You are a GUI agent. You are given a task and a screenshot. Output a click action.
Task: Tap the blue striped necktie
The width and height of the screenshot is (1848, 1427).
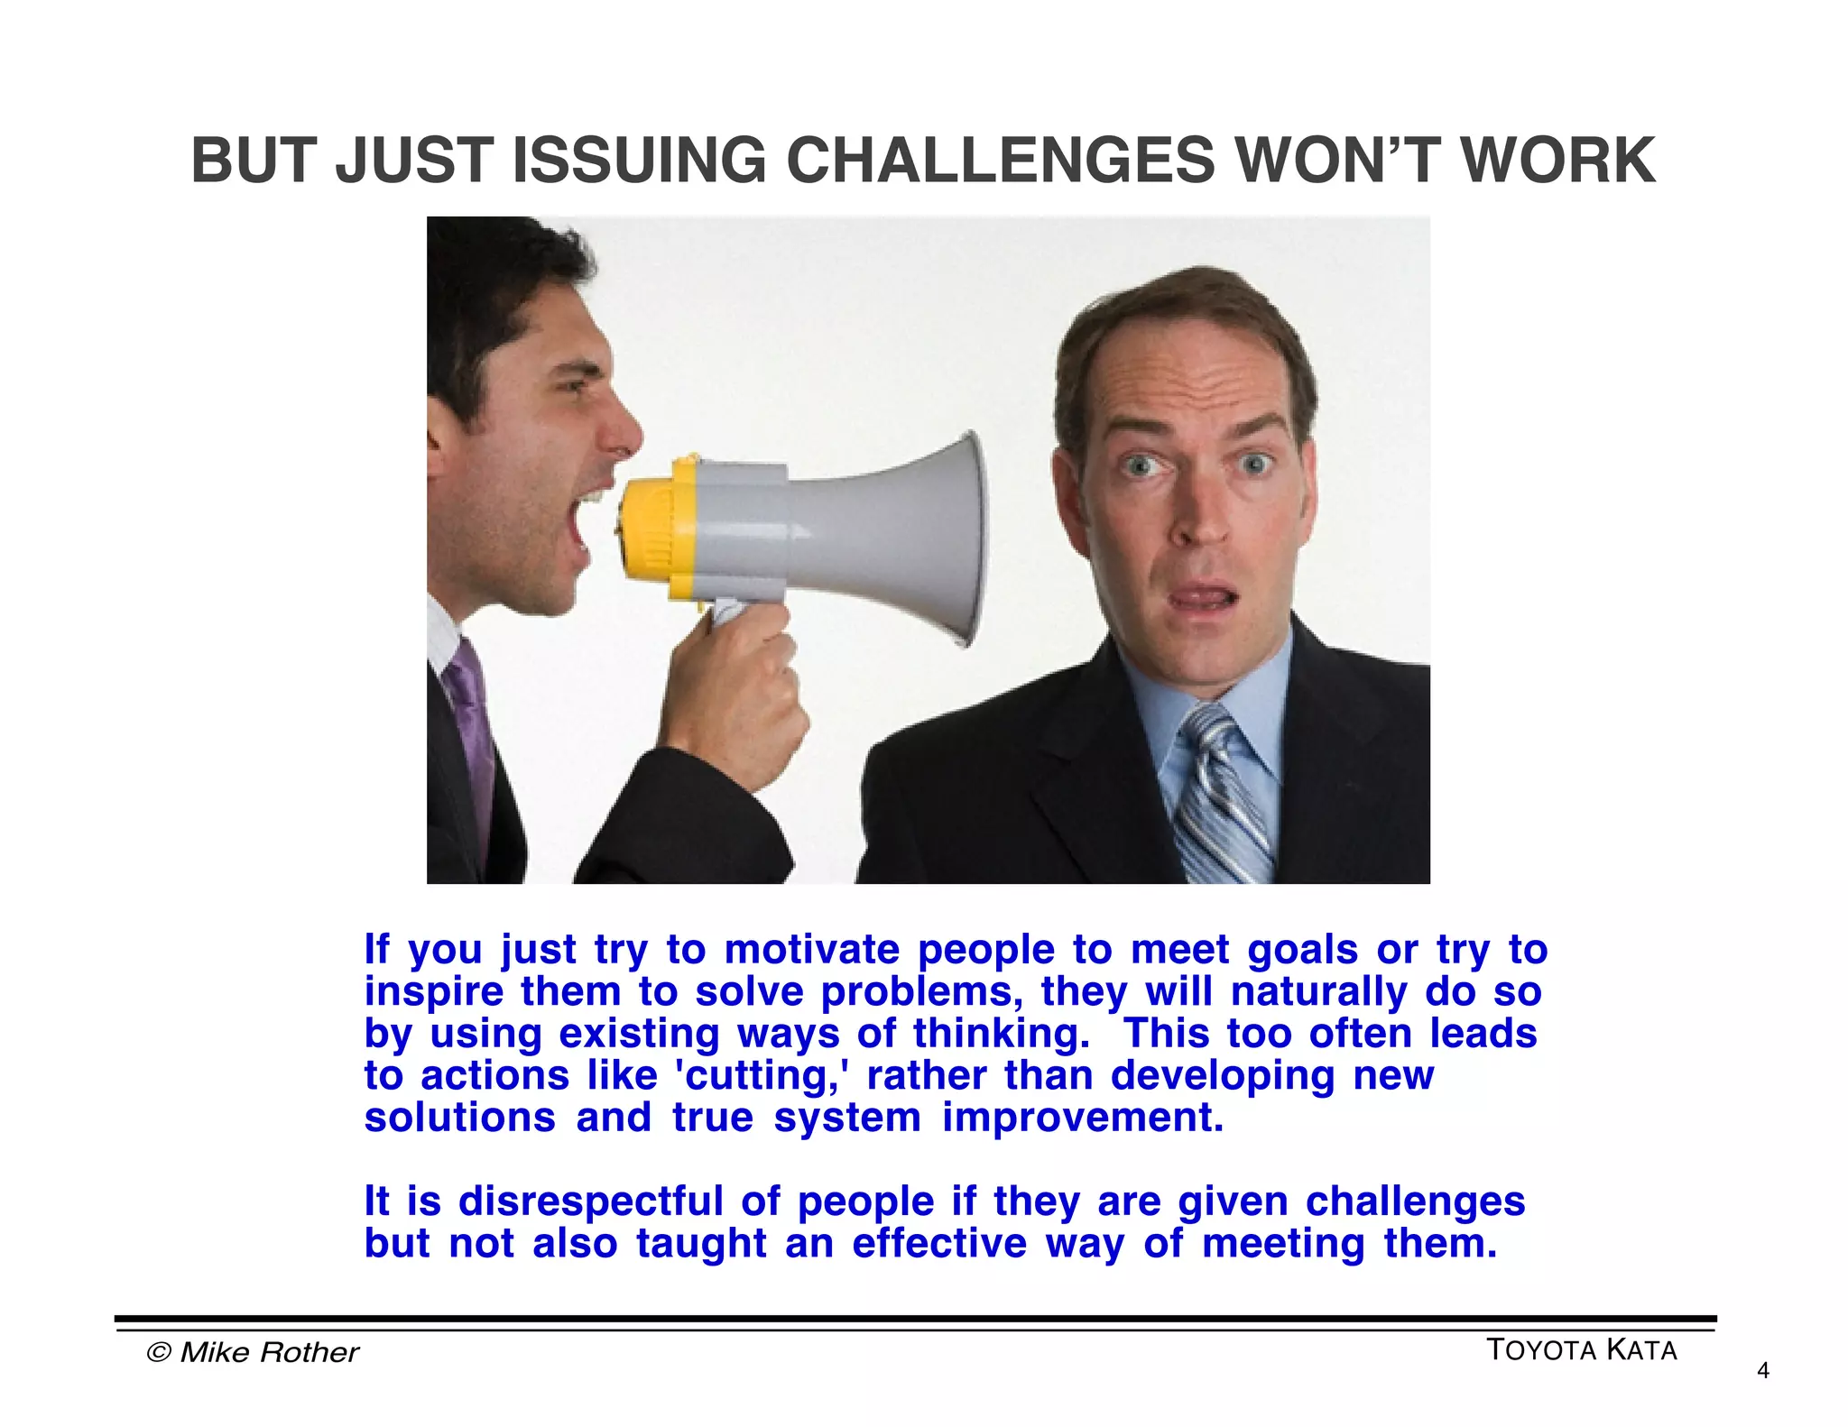[1223, 794]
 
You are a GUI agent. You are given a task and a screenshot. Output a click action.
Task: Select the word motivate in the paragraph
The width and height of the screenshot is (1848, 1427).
[811, 950]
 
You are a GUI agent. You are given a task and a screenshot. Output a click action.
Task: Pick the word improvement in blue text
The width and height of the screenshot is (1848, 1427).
[1083, 1118]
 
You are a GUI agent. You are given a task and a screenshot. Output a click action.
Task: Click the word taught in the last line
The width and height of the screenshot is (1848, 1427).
[700, 1243]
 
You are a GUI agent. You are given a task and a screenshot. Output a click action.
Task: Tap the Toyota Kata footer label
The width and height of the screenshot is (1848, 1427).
[1581, 1350]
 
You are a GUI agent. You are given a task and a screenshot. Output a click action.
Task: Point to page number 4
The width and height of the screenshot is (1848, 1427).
[1763, 1372]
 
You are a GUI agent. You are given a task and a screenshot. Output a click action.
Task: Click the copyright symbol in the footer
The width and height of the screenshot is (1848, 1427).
[159, 1352]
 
